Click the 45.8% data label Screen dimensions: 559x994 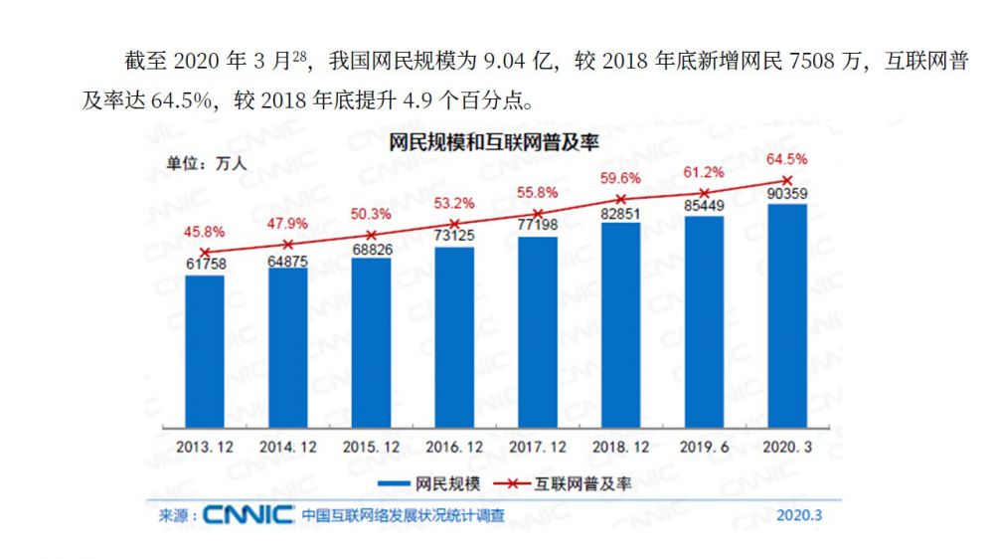coord(203,230)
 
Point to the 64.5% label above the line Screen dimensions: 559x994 coord(786,158)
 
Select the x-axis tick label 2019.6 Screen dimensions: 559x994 coord(704,448)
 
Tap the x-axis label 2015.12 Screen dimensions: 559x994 coord(371,448)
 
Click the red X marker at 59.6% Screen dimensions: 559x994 coord(621,199)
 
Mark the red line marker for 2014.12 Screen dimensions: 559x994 coord(288,244)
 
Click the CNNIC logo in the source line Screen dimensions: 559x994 coord(248,515)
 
